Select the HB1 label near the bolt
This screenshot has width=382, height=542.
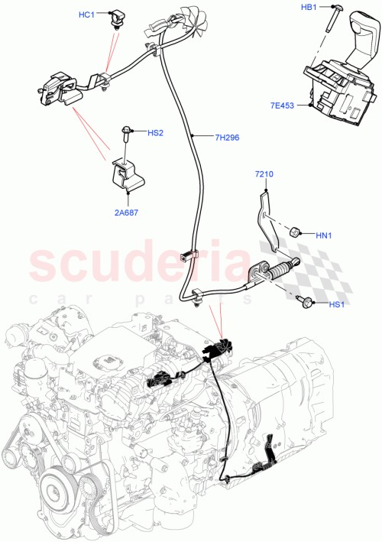pyautogui.click(x=309, y=8)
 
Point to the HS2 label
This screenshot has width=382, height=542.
pyautogui.click(x=156, y=133)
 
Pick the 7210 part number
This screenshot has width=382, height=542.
pyautogui.click(x=264, y=175)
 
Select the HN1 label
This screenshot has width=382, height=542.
pyautogui.click(x=325, y=235)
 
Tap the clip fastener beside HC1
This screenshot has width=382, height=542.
pyautogui.click(x=118, y=17)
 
